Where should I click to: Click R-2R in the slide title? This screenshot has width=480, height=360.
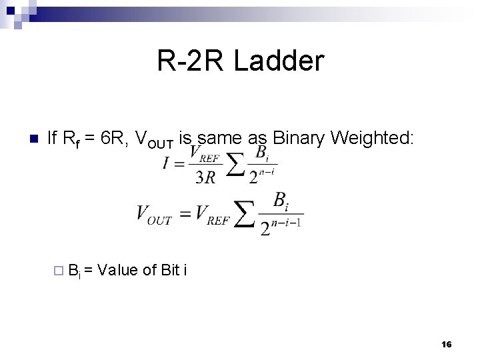pyautogui.click(x=189, y=61)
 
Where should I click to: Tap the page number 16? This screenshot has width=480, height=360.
pyautogui.click(x=446, y=344)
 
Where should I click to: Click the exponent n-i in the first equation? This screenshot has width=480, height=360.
pyautogui.click(x=268, y=171)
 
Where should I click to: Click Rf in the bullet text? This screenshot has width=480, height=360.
pyautogui.click(x=69, y=139)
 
